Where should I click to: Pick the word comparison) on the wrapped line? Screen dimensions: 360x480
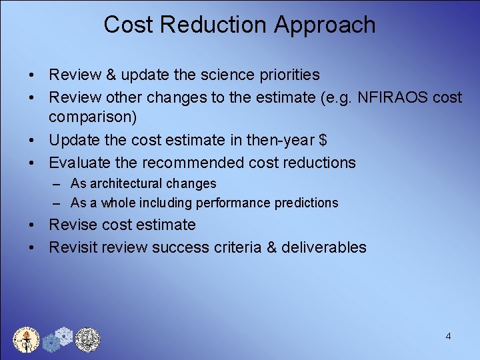click(93, 117)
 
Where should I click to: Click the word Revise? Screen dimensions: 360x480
click(73, 225)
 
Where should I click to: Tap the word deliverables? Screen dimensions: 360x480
click(324, 247)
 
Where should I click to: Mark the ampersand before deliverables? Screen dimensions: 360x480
click(271, 247)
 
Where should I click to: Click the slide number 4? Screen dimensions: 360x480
click(448, 336)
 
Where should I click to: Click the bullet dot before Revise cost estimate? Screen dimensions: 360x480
click(32, 225)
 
